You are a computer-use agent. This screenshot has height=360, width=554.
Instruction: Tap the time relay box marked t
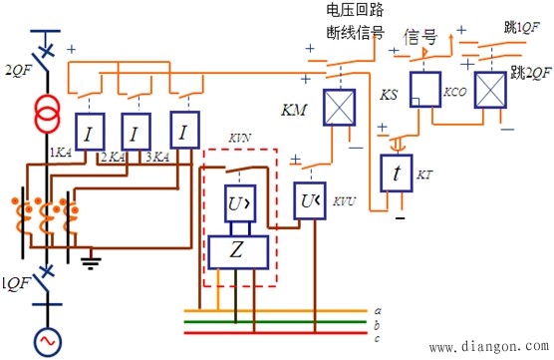tap(398, 174)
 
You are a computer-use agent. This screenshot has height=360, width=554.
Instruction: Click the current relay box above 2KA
tap(135, 131)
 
